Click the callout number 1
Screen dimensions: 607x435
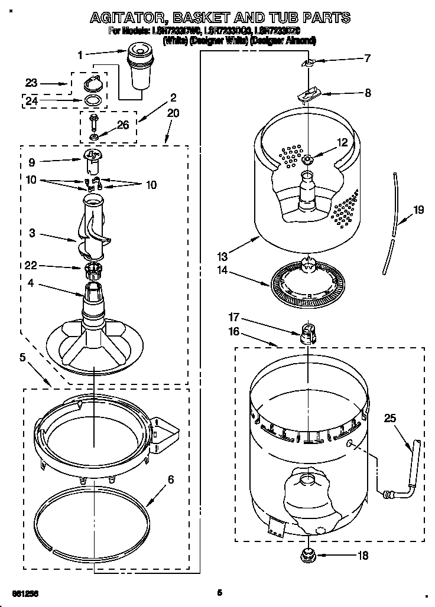(x=80, y=55)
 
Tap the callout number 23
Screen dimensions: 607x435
(x=31, y=83)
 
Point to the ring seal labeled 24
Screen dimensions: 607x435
(x=91, y=100)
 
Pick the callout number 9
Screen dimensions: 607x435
(x=31, y=162)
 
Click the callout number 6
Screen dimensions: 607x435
(x=170, y=479)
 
